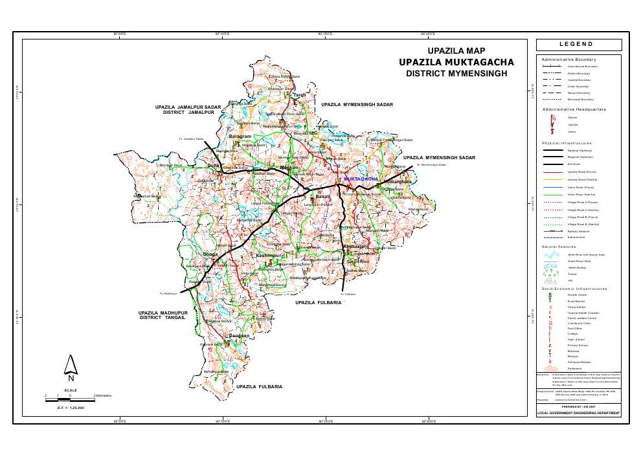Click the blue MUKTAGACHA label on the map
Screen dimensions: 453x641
coord(361,178)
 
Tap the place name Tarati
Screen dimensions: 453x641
coord(299,95)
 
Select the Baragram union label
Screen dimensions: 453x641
coord(240,137)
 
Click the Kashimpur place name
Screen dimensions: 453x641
coord(269,256)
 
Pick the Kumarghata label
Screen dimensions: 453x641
coord(398,182)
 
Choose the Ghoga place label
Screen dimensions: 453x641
coord(210,254)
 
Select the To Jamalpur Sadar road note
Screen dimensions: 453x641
coord(192,139)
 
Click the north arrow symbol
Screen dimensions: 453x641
coord(71,367)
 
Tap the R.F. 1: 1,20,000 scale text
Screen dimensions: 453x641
coord(71,408)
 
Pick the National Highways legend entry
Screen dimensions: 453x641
coord(580,150)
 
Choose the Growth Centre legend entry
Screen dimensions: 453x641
coord(578,295)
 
